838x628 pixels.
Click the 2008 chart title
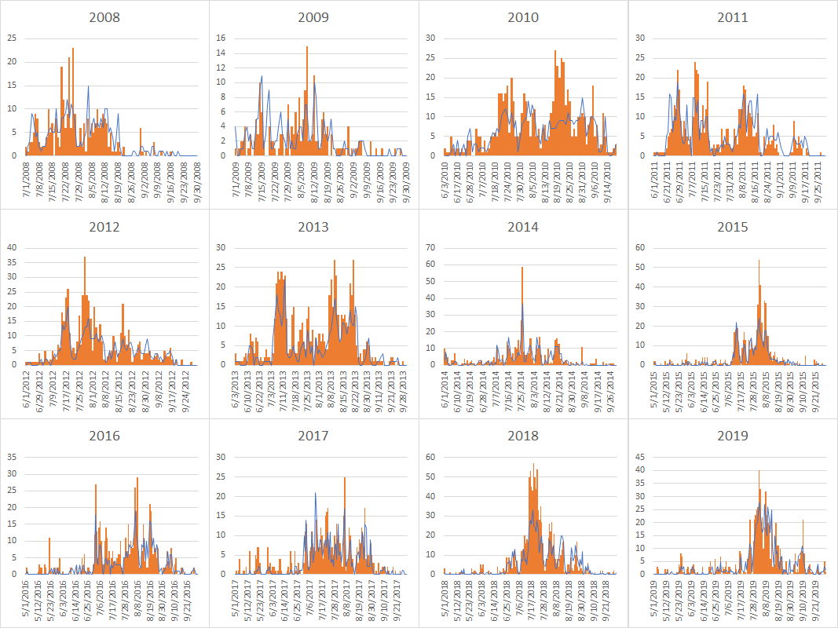coord(104,17)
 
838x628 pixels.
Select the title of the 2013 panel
coord(313,227)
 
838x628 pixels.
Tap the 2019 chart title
coord(732,436)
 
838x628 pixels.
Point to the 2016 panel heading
coord(104,436)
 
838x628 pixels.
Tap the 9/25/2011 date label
coord(817,182)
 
